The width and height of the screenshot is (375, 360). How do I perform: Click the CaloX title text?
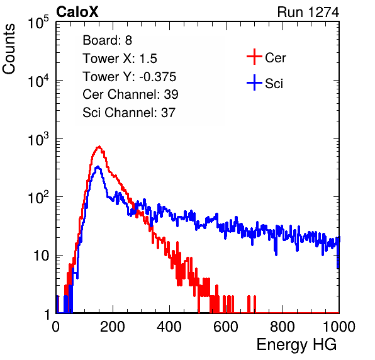click(77, 12)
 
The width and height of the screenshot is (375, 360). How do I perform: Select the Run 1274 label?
click(308, 12)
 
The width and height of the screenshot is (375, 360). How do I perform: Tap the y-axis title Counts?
click(9, 49)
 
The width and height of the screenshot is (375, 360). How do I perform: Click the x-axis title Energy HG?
click(296, 345)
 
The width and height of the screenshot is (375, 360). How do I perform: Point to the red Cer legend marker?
click(254, 57)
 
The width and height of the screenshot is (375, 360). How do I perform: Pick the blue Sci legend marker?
click(254, 82)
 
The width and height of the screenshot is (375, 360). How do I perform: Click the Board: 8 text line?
click(107, 40)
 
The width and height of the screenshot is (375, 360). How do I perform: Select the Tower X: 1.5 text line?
click(120, 59)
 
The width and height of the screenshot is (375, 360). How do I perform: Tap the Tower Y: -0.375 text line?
click(130, 77)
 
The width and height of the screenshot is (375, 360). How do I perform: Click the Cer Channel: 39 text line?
click(130, 94)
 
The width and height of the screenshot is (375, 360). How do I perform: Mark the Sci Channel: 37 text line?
click(129, 113)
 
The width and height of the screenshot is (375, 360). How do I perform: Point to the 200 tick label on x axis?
click(113, 327)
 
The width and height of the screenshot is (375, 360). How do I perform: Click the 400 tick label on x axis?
click(169, 327)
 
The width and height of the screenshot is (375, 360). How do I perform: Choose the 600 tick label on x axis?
click(226, 327)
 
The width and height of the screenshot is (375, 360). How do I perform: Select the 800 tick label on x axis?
click(283, 327)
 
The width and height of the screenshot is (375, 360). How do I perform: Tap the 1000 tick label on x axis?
click(339, 327)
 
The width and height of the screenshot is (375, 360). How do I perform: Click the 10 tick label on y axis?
click(42, 256)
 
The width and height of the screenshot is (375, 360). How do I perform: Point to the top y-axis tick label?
click(38, 22)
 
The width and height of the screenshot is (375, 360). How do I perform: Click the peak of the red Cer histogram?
click(99, 146)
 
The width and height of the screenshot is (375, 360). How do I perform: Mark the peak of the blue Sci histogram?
click(98, 167)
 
